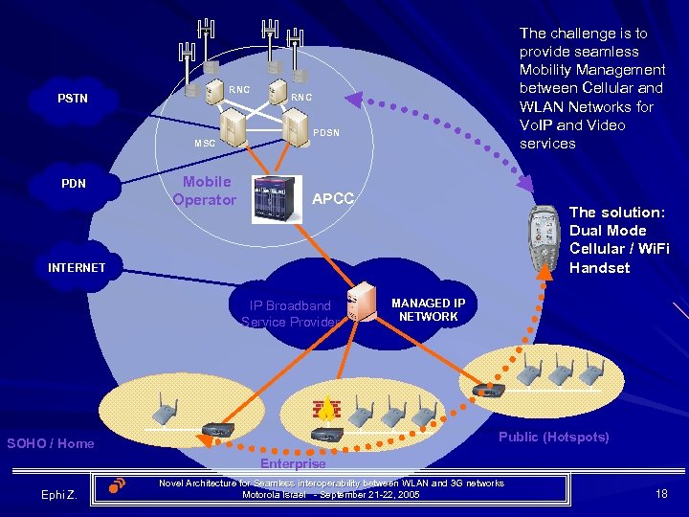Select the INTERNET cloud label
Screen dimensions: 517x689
click(77, 267)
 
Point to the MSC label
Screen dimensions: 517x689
click(205, 144)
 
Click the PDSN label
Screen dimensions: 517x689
click(327, 131)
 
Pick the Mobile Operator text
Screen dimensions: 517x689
click(205, 191)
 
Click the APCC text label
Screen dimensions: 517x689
click(334, 198)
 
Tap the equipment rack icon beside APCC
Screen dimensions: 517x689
click(277, 199)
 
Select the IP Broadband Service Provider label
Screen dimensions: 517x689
click(291, 314)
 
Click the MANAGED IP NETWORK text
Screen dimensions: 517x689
click(428, 309)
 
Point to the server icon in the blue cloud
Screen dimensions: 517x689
click(360, 302)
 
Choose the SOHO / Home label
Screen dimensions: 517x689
click(51, 443)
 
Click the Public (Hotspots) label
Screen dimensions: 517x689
click(553, 437)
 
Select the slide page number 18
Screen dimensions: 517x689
click(660, 493)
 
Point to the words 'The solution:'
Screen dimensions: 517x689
click(616, 212)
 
